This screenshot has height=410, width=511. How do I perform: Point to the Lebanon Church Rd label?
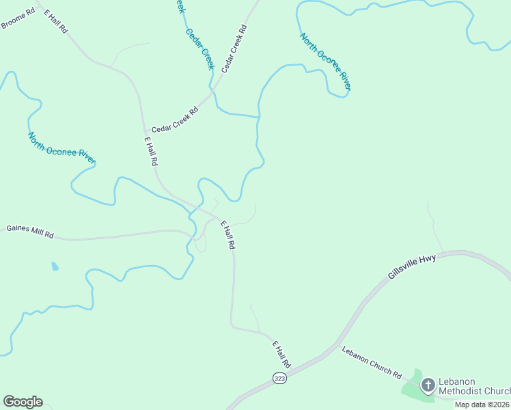pos(372,361)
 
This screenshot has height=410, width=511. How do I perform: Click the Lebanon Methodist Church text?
pos(474,386)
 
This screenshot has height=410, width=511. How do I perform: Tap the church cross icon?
pos(428,385)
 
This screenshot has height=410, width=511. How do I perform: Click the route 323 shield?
pos(279,378)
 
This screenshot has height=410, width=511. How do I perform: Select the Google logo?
pos(23,402)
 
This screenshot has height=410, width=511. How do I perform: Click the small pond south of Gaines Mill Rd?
pos(55,266)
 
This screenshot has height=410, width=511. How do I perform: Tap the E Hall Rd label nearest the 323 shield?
pos(281,354)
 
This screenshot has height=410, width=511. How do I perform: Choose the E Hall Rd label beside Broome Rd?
pos(57,23)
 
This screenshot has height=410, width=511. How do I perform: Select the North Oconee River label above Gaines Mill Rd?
pos(61,148)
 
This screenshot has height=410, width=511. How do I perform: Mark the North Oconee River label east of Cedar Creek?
pos(325,61)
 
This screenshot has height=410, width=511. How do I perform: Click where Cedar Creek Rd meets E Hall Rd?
pos(144,130)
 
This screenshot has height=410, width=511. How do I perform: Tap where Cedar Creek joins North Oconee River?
pos(258,117)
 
